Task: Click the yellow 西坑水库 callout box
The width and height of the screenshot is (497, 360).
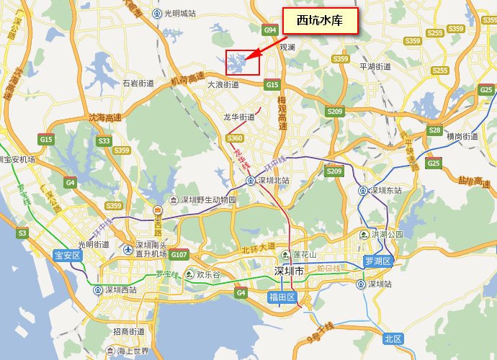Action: click(320, 20)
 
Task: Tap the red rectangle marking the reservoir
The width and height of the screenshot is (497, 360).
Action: click(243, 63)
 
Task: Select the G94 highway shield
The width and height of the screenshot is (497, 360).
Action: click(271, 30)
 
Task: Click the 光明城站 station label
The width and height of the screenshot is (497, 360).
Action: click(179, 13)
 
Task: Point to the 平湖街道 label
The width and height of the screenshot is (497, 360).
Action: click(375, 66)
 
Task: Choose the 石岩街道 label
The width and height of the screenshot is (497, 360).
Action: click(138, 84)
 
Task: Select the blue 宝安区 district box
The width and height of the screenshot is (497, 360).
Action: click(69, 255)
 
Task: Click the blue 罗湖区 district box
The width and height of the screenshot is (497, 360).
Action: click(377, 261)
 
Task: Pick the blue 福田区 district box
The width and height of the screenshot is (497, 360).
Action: click(282, 297)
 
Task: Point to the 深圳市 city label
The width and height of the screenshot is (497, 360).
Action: click(290, 271)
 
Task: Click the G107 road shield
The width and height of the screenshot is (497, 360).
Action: click(179, 255)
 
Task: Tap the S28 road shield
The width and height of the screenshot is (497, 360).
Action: click(434, 130)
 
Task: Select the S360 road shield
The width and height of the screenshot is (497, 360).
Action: click(235, 138)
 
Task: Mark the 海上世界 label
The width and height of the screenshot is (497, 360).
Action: click(133, 351)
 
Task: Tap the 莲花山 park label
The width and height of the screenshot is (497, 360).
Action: click(303, 255)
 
